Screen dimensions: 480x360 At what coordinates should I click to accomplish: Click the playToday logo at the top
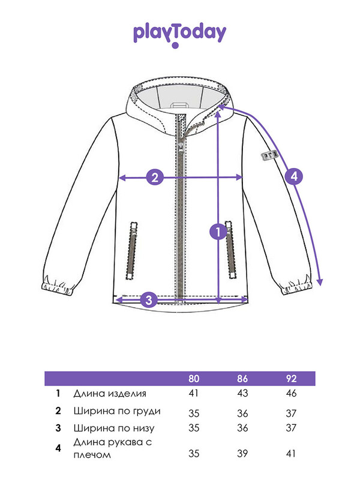179,34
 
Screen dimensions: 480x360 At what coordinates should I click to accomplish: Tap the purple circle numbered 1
218,232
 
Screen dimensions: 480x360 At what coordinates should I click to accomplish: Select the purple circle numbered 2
155,177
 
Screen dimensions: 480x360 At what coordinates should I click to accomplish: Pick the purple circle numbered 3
149,299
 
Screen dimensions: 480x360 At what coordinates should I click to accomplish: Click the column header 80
193,379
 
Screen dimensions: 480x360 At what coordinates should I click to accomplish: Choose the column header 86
242,379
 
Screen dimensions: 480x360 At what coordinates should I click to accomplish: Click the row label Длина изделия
109,394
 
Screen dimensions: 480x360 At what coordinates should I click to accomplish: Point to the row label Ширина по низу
113,428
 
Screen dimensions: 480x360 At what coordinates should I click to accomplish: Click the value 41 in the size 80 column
193,394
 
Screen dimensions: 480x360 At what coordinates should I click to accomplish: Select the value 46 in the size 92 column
291,394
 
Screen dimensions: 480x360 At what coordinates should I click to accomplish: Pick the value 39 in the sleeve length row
242,454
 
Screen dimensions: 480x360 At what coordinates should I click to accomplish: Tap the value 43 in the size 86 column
242,394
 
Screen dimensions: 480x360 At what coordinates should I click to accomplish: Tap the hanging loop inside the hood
178,106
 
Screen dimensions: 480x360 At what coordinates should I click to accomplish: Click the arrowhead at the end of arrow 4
320,282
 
